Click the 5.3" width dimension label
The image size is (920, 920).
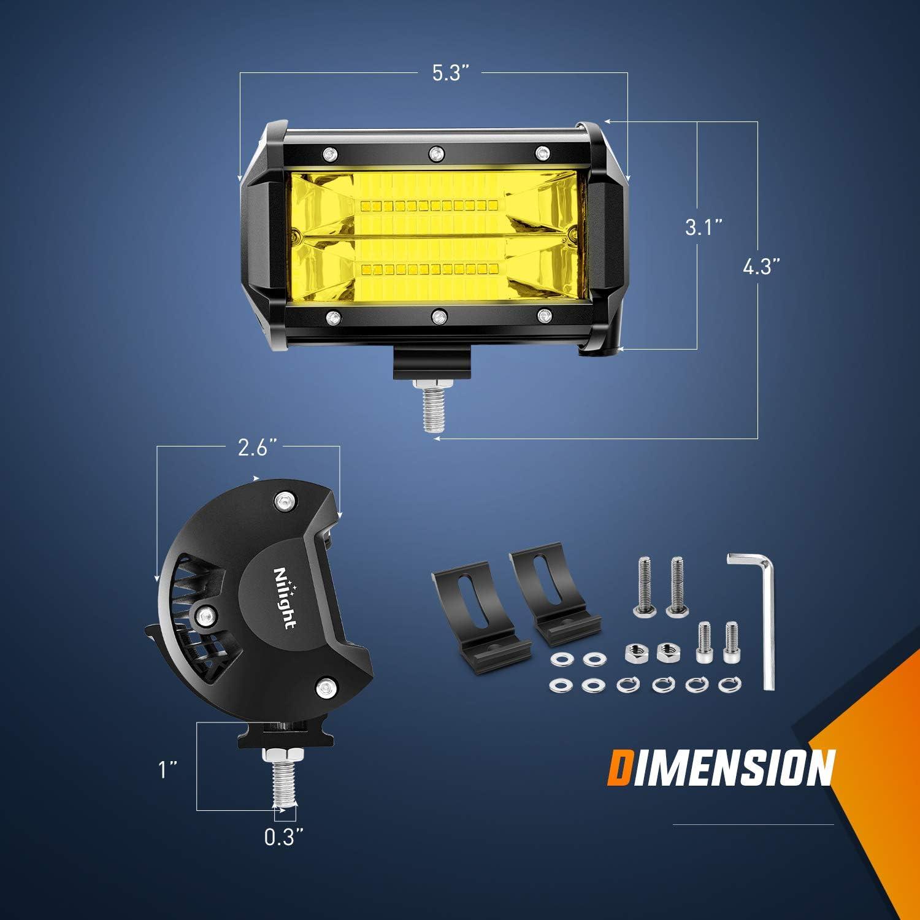pos(451,74)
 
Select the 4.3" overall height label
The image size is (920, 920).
pos(761,267)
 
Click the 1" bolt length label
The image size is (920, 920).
pos(164,770)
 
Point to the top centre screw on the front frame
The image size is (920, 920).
pos(436,152)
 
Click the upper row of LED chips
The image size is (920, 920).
pos(432,202)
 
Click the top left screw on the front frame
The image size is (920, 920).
pos(330,152)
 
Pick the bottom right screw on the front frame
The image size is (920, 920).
pos(543,316)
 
